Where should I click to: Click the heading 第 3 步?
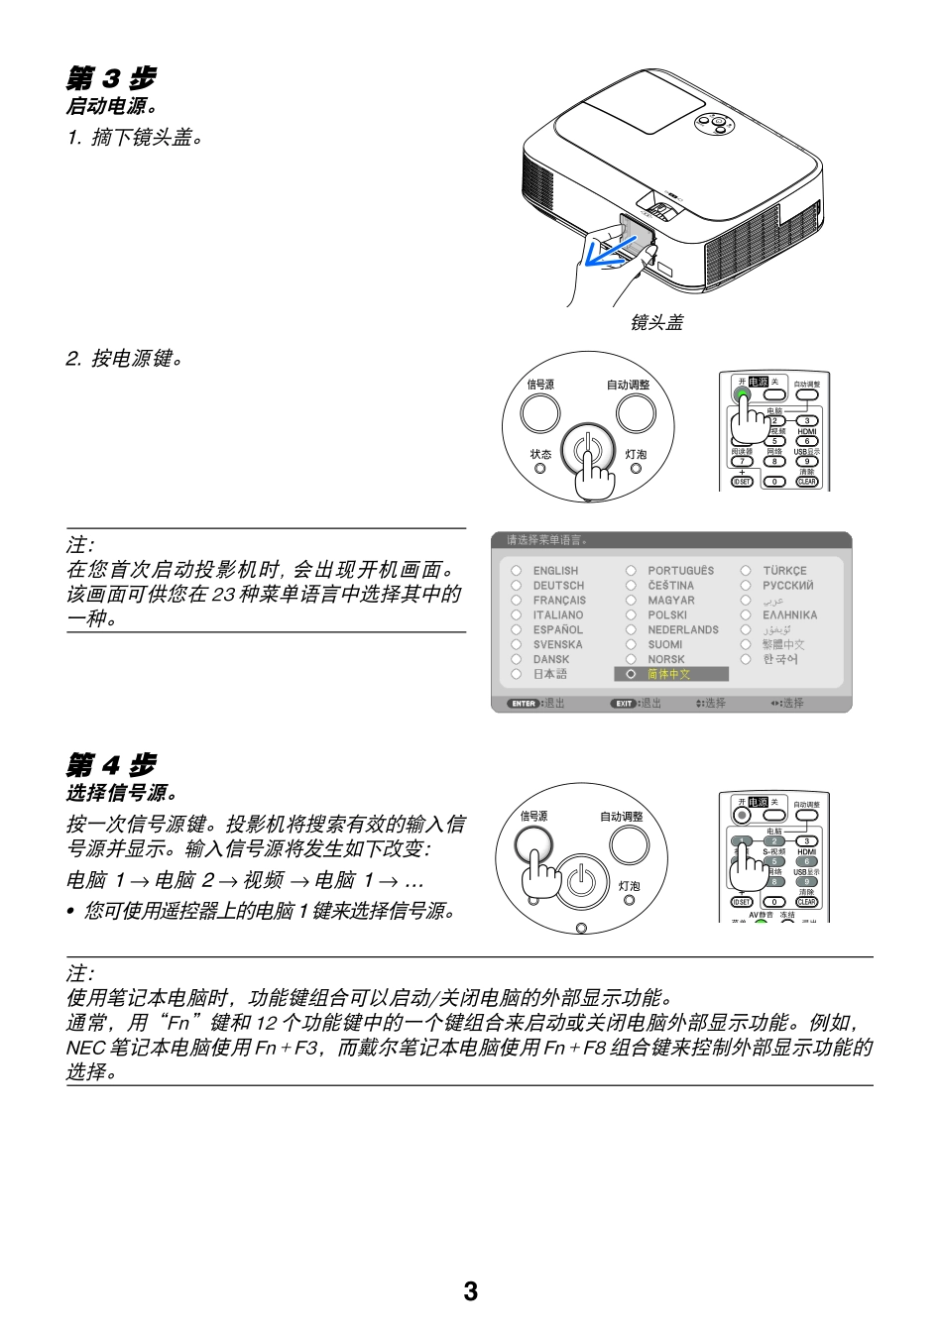click(111, 78)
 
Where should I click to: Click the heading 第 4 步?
click(111, 765)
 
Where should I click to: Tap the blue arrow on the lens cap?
click(606, 254)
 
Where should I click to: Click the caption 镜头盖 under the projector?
click(656, 323)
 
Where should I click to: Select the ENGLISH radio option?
click(517, 571)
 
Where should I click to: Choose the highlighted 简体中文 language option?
click(670, 674)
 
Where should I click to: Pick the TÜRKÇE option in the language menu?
click(784, 571)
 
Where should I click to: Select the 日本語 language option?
click(550, 674)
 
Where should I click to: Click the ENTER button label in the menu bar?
click(524, 704)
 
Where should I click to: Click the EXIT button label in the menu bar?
click(624, 704)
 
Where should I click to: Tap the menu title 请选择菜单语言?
click(546, 540)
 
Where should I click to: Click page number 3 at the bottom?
click(470, 1291)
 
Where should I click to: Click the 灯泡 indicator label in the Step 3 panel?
click(636, 455)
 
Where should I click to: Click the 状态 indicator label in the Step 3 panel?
click(540, 455)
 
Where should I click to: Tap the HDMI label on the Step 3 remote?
click(807, 431)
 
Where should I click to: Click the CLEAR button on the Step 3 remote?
click(807, 482)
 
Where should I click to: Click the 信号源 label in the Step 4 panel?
click(533, 817)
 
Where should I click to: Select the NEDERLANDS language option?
click(683, 630)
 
